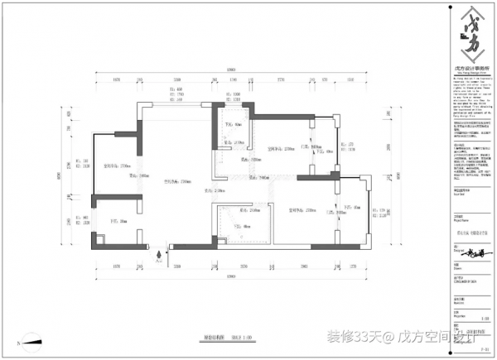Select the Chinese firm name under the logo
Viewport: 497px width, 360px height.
click(x=469, y=68)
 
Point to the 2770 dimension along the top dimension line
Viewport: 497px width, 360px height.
click(x=281, y=79)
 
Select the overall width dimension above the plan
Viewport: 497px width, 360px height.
click(x=233, y=70)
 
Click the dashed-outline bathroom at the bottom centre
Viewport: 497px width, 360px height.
click(x=240, y=223)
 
